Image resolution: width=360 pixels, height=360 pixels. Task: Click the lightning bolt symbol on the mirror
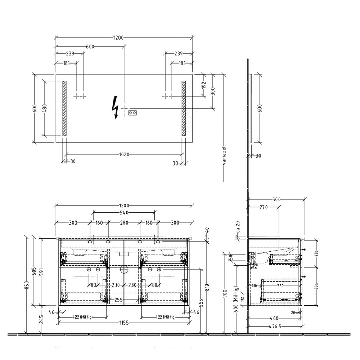tap(116, 107)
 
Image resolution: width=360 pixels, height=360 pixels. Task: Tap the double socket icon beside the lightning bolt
tap(132, 113)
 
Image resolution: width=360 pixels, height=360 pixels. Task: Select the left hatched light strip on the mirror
tap(64, 108)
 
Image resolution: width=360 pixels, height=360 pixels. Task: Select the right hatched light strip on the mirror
tap(184, 108)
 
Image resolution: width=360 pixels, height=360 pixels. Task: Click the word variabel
tap(224, 155)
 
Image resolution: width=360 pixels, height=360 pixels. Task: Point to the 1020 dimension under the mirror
tap(124, 155)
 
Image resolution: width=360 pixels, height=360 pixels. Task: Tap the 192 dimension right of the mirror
tap(203, 85)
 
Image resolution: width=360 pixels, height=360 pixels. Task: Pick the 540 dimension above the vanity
tap(124, 213)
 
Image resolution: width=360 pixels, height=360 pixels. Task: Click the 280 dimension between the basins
tap(124, 223)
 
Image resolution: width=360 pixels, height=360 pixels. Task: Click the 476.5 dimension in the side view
tap(275, 327)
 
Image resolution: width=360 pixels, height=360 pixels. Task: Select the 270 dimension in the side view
tap(264, 207)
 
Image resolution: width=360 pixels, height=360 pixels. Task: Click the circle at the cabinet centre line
tap(124, 269)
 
